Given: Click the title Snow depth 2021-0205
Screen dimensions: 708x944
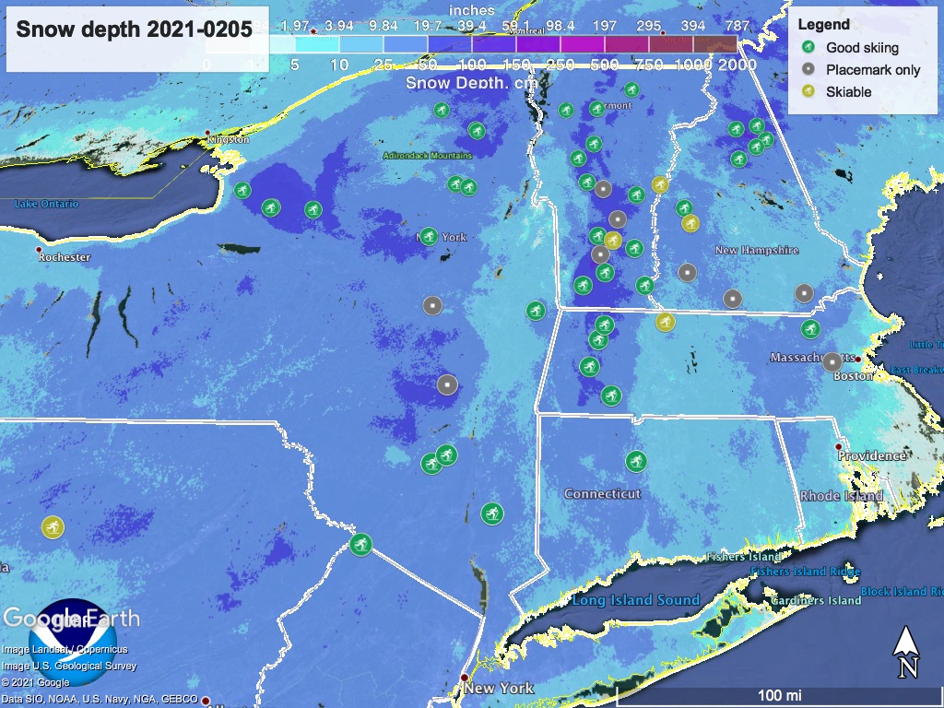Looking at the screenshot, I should coord(135,29).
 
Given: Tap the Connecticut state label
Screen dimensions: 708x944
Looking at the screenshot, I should coord(602,494).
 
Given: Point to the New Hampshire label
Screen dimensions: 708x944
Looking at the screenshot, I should coord(757,251).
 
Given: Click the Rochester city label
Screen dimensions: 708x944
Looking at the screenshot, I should coord(64,257).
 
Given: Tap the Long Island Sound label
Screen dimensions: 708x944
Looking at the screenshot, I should coord(635,600).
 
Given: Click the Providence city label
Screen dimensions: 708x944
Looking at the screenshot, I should coord(871,455).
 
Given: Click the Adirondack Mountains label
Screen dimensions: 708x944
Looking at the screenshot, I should coord(427,156).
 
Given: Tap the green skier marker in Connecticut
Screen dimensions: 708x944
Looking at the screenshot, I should coord(635,460).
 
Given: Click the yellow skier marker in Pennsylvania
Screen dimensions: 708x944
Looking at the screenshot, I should coord(53,527).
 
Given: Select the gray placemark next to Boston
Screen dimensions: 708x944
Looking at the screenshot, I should coord(832,361).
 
